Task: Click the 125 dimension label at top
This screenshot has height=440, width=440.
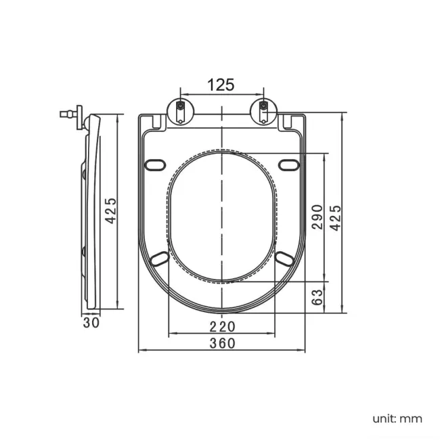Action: click(221, 85)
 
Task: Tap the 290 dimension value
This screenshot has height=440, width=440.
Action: click(317, 217)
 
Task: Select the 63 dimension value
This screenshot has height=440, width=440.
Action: click(317, 297)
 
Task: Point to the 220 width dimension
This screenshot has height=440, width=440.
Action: click(222, 326)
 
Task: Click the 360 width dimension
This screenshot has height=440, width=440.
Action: click(222, 343)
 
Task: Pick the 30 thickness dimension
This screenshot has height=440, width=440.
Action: click(91, 323)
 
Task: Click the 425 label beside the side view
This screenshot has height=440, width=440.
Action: click(110, 211)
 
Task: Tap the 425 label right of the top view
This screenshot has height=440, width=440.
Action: click(335, 218)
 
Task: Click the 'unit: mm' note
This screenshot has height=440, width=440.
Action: click(397, 419)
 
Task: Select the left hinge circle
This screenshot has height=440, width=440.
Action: click(181, 112)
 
